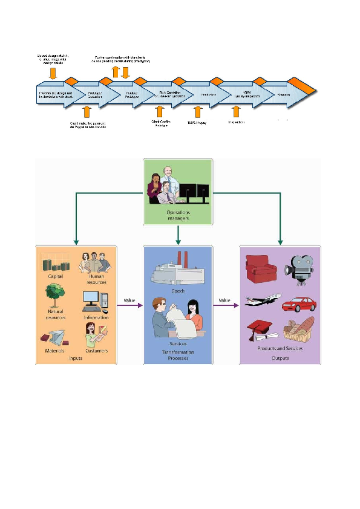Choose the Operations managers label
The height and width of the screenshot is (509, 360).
[x=178, y=216]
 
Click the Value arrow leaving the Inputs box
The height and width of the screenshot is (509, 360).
[x=129, y=305]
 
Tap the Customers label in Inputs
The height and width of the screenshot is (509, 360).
[x=96, y=351]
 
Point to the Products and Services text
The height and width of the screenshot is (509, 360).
[x=280, y=349]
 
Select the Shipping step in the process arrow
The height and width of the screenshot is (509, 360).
[x=284, y=95]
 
